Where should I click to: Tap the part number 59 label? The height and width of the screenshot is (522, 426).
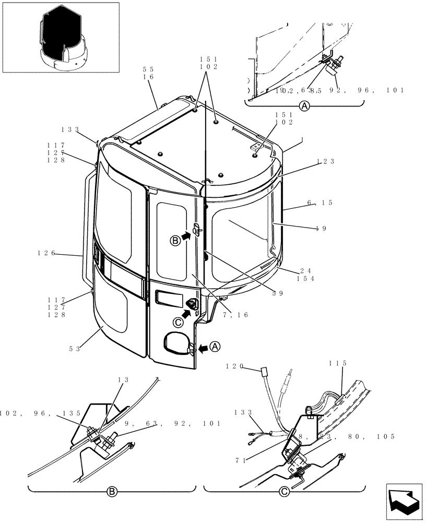coord(278,293)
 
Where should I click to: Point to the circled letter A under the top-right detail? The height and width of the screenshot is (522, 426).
coord(304,106)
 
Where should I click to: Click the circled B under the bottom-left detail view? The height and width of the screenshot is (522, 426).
coord(111,491)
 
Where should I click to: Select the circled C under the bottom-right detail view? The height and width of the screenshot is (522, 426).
coord(284,491)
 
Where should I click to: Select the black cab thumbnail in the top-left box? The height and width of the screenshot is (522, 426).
coord(61,36)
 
